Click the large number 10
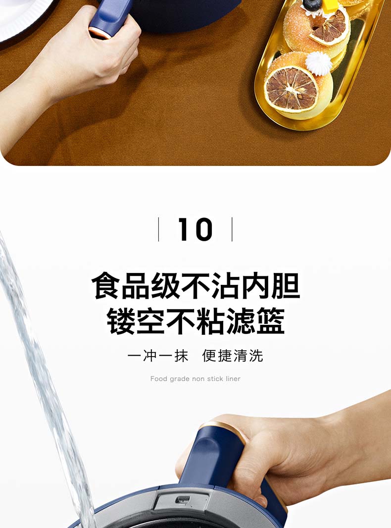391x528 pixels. pos(195,229)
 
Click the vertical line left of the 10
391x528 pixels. pos(158,229)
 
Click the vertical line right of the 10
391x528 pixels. pos(232,229)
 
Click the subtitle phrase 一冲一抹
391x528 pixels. pos(158,356)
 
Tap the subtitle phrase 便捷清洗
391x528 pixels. pos(233,356)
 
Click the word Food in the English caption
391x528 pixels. pos(159,379)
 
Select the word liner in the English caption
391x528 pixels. pos(233,379)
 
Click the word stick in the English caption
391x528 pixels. pos(215,379)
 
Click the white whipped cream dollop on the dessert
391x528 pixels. pos(318,63)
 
